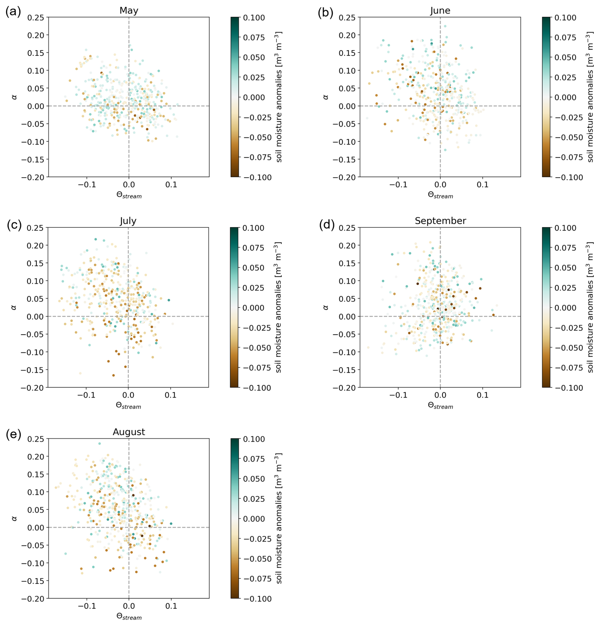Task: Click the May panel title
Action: (x=129, y=10)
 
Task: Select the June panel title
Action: (x=440, y=10)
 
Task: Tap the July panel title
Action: (x=128, y=221)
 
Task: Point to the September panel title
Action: (x=440, y=221)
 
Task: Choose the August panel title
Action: (x=129, y=432)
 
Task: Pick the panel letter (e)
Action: (x=13, y=435)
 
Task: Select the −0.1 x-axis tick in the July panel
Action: (x=86, y=395)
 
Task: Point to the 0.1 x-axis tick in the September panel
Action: (x=482, y=395)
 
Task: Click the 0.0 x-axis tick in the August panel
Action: (x=129, y=606)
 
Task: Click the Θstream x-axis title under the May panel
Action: (x=129, y=195)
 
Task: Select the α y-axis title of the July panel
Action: (x=14, y=307)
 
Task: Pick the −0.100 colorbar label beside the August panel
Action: (x=257, y=599)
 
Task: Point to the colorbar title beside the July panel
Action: (x=278, y=307)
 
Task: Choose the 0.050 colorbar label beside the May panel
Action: (x=254, y=57)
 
